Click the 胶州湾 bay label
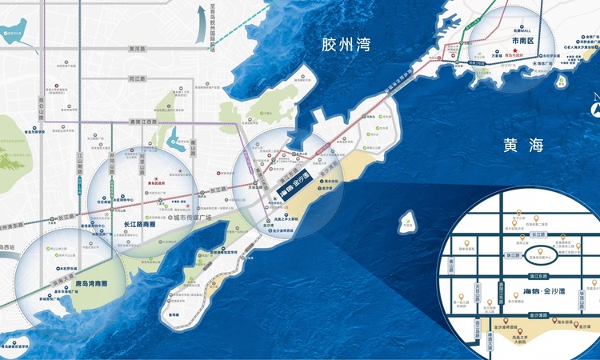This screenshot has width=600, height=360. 345,45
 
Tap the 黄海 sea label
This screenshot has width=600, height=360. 524,145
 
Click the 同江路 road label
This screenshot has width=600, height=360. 136,79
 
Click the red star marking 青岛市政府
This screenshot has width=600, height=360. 518,53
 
